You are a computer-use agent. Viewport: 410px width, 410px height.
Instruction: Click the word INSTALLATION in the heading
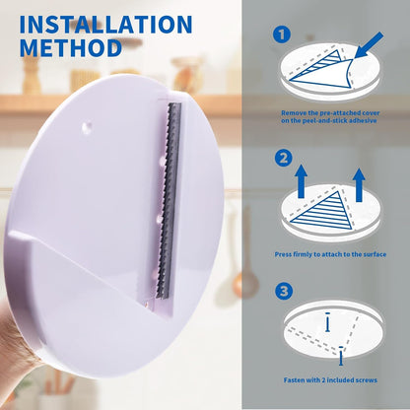[105, 25]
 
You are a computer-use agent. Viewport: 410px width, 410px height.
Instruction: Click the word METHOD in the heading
[71, 48]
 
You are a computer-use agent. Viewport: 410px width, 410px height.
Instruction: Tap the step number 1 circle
[282, 34]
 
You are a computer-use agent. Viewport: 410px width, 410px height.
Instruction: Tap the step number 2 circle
[283, 159]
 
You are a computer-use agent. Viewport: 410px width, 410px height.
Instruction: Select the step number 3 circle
[284, 291]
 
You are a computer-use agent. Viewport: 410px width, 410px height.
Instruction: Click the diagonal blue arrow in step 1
[369, 46]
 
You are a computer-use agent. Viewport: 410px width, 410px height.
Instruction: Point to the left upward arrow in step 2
[301, 181]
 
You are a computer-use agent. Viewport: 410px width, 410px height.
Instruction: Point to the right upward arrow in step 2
[359, 185]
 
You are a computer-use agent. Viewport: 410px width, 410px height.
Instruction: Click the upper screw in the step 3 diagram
[327, 322]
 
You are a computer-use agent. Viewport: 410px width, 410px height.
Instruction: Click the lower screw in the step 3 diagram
[341, 356]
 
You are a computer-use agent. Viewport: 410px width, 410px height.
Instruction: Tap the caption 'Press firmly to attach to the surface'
[330, 254]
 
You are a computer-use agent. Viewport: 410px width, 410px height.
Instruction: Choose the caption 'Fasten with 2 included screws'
[330, 380]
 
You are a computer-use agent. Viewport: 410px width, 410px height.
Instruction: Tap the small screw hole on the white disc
[87, 126]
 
